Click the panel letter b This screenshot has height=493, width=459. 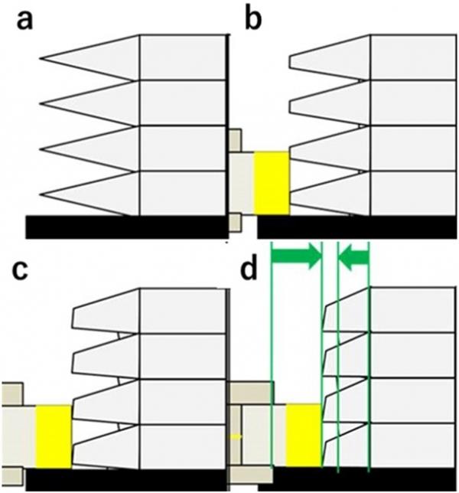pyautogui.click(x=253, y=19)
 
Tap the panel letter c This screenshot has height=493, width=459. pyautogui.click(x=19, y=270)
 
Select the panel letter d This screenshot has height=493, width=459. pyautogui.click(x=248, y=268)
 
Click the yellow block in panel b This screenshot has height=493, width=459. pyautogui.click(x=272, y=184)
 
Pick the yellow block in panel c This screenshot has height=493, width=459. pyautogui.click(x=54, y=436)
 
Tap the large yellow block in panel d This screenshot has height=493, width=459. pyautogui.click(x=304, y=435)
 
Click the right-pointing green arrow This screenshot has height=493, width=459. pyautogui.click(x=298, y=257)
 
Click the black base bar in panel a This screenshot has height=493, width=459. pyautogui.click(x=126, y=227)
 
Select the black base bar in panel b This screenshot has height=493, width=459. pyautogui.click(x=357, y=227)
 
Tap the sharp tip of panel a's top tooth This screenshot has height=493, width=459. pyautogui.click(x=41, y=58)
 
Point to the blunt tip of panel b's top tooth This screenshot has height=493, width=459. pyautogui.click(x=290, y=61)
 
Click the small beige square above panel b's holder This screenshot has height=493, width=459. pyautogui.click(x=235, y=140)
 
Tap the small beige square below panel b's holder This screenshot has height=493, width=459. pyautogui.click(x=235, y=224)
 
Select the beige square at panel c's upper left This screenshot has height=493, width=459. pyautogui.click(x=12, y=394)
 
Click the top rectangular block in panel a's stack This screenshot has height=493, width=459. pyautogui.click(x=183, y=57)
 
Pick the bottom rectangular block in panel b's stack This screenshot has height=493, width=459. pyautogui.click(x=413, y=194)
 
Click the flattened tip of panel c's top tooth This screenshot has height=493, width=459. pyautogui.click(x=73, y=319)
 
